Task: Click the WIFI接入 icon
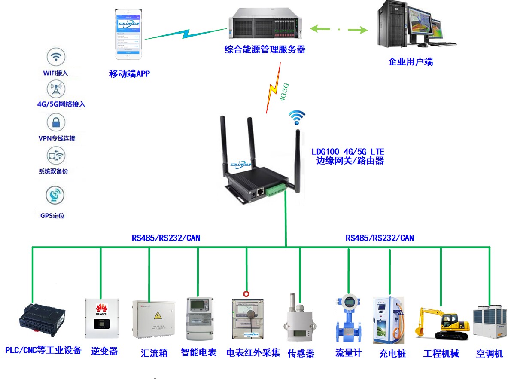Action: tap(56, 57)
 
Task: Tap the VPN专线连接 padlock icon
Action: tap(56, 123)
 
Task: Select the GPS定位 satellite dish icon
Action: tap(55, 196)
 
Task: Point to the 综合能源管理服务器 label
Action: tap(265, 49)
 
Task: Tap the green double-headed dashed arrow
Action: tap(339, 30)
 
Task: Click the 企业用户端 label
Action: tap(411, 62)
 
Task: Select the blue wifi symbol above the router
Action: tap(297, 116)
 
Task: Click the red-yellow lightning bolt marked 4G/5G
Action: tap(274, 88)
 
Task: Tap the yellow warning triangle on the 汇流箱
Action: tap(158, 316)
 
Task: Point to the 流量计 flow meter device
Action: tap(348, 318)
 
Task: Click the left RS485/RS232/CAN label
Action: tap(166, 238)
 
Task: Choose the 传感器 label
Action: tap(301, 354)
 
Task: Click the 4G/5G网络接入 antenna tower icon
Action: tap(56, 90)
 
